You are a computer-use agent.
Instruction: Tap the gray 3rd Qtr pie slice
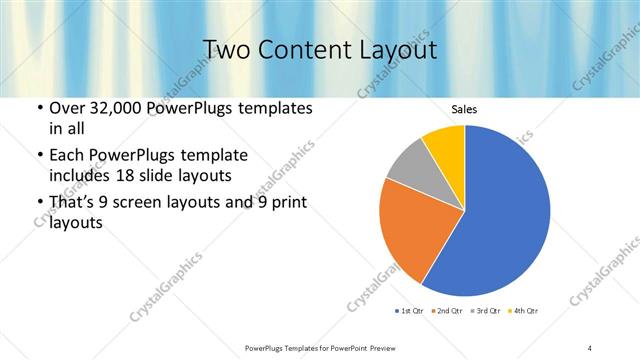408,168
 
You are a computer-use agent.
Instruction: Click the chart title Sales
465,109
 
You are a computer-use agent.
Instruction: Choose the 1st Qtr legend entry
411,311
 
